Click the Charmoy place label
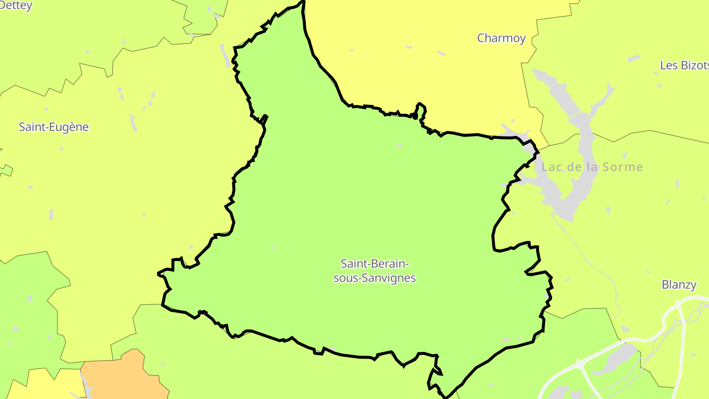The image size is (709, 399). [x=501, y=38]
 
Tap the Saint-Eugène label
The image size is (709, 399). [x=54, y=127]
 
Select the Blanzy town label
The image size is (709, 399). [x=679, y=285]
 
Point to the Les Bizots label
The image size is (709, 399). [x=684, y=66]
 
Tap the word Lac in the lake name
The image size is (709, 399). [x=551, y=167]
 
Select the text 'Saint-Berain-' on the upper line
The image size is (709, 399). [x=375, y=263]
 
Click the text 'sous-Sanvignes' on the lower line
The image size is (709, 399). [x=375, y=278]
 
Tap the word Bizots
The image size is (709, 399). [x=695, y=66]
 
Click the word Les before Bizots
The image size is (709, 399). [x=669, y=66]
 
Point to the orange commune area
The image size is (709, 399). [x=123, y=377]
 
